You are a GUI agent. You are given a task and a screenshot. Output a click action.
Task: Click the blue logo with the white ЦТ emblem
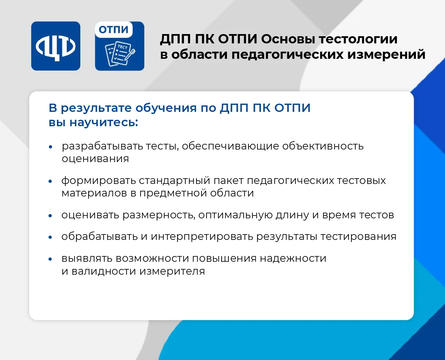point(56,46)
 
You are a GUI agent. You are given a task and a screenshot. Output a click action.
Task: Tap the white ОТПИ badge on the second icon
point(114,30)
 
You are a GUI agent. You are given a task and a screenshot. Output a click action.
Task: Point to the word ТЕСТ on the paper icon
point(122,47)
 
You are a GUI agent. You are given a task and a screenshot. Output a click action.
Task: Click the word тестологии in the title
point(358,39)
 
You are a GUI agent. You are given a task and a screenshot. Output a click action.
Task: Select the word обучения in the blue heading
point(166,108)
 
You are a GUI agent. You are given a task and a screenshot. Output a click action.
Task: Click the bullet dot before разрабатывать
point(50,147)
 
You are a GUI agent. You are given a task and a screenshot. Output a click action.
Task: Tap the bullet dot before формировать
point(50,181)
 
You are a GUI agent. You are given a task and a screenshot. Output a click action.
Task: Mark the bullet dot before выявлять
point(50,259)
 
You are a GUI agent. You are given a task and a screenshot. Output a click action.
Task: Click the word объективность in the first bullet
point(323,146)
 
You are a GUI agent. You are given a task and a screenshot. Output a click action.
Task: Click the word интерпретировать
point(202,237)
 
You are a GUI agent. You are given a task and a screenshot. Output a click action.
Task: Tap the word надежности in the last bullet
point(293,259)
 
